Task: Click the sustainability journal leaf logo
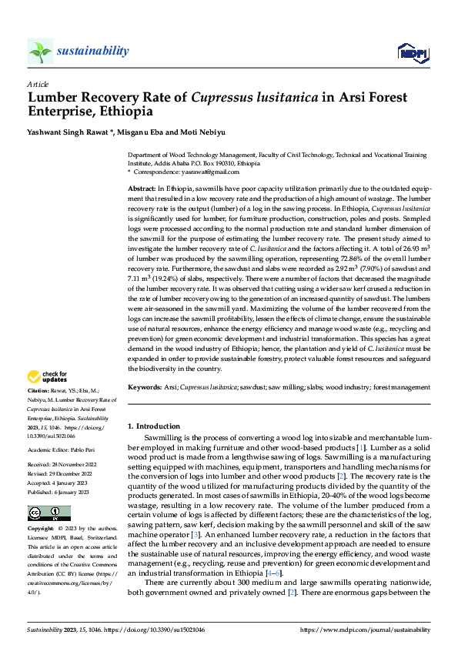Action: tap(39, 52)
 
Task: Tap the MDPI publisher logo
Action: tap(412, 52)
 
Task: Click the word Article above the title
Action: tap(38, 83)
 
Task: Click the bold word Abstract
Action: tap(141, 189)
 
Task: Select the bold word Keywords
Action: tap(145, 387)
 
